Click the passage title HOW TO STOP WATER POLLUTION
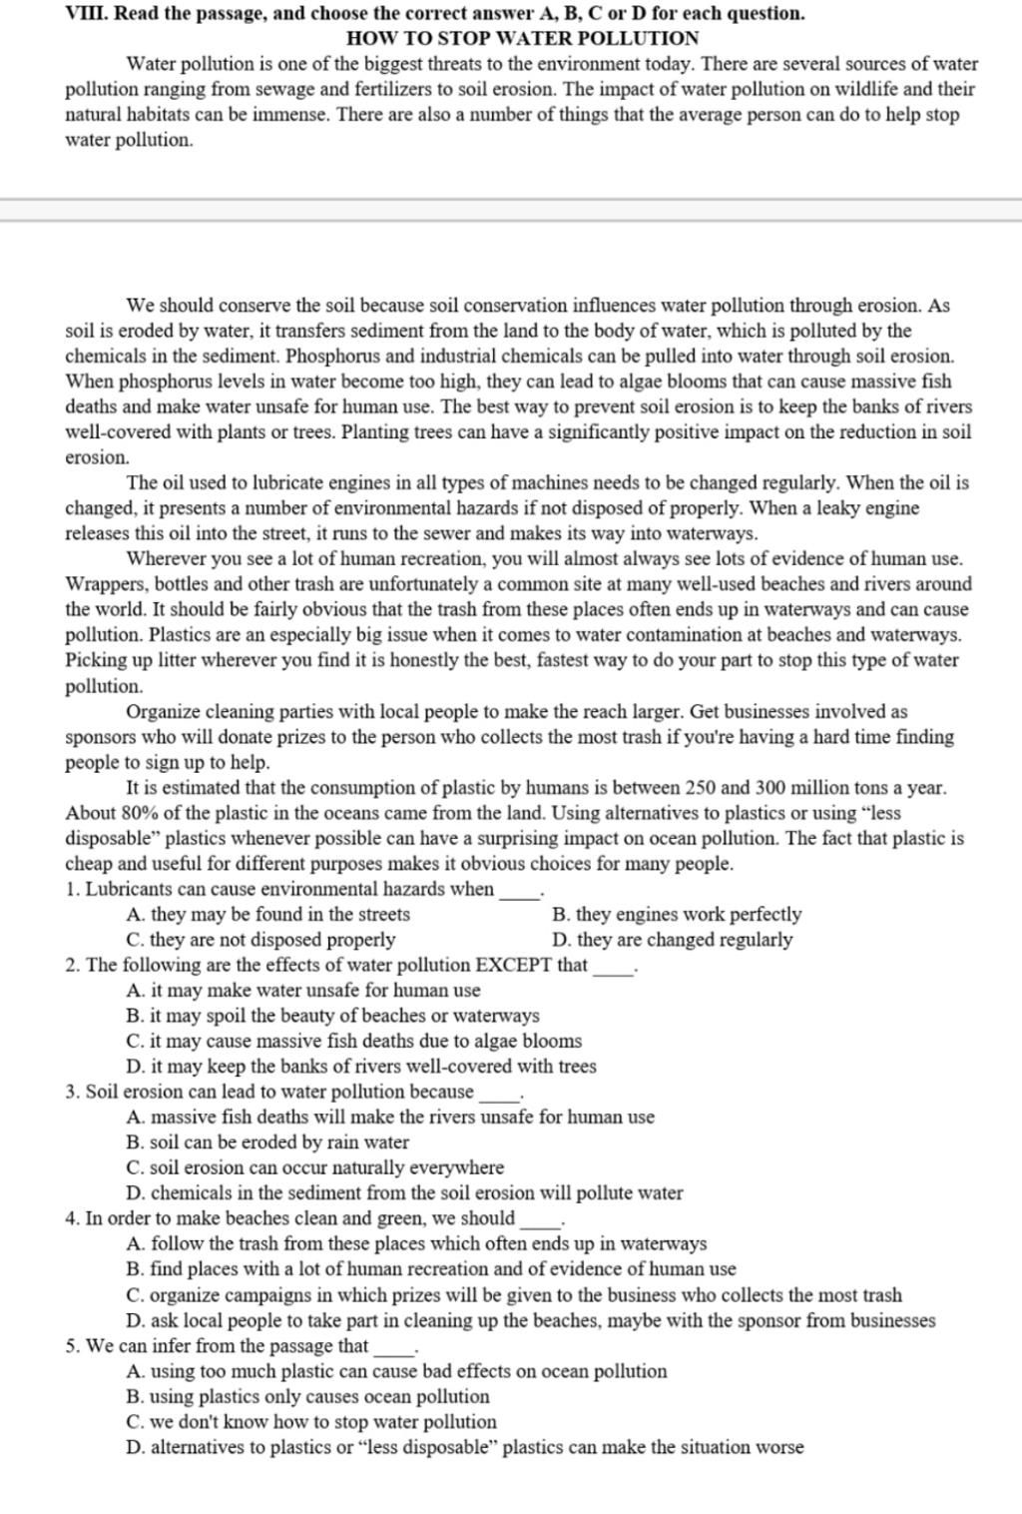[522, 39]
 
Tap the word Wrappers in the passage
[103, 584]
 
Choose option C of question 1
[261, 940]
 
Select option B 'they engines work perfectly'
[676, 915]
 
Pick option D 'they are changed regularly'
[672, 940]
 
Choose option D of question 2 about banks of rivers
[361, 1067]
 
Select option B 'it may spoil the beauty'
[333, 1016]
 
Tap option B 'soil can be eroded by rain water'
[267, 1142]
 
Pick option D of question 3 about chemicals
[405, 1193]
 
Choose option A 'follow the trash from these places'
[417, 1244]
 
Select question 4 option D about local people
[531, 1320]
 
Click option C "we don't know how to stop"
[311, 1422]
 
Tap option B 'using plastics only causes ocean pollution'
[308, 1397]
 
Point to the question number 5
[72, 1346]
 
